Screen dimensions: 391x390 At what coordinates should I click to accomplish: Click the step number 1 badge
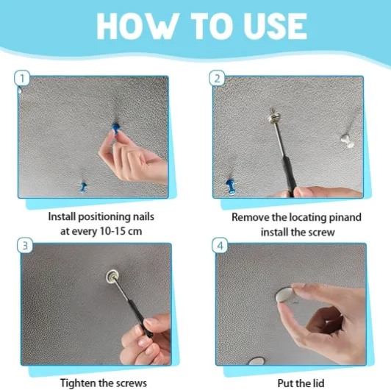coord(22,79)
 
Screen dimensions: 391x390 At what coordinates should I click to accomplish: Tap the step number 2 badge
coord(217,79)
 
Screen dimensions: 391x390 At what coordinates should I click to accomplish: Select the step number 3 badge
coord(25,246)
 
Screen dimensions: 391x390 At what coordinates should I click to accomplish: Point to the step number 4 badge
coord(220,246)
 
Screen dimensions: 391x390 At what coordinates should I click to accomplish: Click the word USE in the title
coord(276,26)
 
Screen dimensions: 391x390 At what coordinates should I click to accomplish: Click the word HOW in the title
coord(137,26)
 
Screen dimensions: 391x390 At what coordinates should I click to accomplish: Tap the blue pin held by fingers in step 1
coord(115,129)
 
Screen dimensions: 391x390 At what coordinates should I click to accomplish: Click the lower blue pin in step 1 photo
coord(83,188)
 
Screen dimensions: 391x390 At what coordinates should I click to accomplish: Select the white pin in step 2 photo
coord(348,141)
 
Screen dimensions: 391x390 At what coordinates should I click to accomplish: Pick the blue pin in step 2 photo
coord(231,186)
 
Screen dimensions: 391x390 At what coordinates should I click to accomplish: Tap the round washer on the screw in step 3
coord(112,276)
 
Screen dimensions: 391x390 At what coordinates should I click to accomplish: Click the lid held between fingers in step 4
coord(284,294)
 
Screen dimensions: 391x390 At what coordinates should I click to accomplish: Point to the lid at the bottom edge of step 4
coord(257,361)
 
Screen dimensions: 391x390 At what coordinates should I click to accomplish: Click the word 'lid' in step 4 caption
coord(318,383)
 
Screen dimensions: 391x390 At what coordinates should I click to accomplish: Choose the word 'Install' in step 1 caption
coord(62,216)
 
